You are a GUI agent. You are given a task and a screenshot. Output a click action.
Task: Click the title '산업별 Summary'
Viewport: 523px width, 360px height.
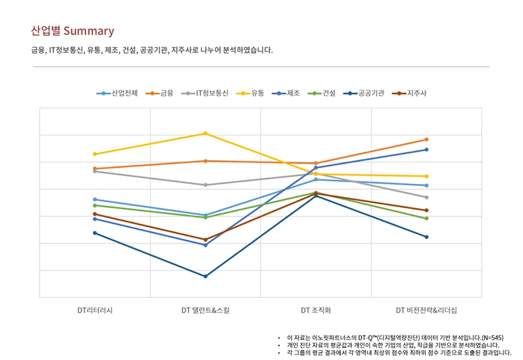pyautogui.click(x=72, y=31)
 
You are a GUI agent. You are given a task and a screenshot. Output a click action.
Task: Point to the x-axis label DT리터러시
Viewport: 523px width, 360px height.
pyautogui.click(x=95, y=311)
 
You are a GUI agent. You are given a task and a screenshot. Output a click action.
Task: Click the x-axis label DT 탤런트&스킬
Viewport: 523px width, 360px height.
pyautogui.click(x=205, y=311)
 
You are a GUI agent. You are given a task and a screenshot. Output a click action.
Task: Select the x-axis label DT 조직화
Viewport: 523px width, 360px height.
pyautogui.click(x=316, y=311)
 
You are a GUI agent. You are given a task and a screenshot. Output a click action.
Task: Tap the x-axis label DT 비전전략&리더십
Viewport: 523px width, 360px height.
pyautogui.click(x=426, y=311)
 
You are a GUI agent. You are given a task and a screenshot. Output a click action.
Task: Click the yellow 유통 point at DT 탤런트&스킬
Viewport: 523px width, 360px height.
pyautogui.click(x=205, y=133)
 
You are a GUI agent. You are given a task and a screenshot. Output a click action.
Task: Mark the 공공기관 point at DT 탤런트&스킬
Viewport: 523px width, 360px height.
pyautogui.click(x=205, y=276)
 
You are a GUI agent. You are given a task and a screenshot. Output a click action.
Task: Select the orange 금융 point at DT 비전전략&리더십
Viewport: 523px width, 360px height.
pyautogui.click(x=426, y=139)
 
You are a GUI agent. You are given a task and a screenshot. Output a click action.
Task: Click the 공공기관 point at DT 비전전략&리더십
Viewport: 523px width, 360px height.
pyautogui.click(x=426, y=237)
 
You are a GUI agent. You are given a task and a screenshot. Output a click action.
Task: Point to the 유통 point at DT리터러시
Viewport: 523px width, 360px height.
pyautogui.click(x=95, y=154)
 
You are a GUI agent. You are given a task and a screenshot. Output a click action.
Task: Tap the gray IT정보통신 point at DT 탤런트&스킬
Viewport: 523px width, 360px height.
pyautogui.click(x=205, y=185)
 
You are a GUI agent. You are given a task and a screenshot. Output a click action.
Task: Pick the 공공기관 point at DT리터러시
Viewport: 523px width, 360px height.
pyautogui.click(x=95, y=233)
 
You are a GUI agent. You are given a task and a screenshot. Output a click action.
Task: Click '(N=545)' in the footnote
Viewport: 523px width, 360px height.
pyautogui.click(x=491, y=338)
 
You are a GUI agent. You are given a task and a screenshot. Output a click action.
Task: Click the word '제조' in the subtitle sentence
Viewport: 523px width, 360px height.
pyautogui.click(x=111, y=50)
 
